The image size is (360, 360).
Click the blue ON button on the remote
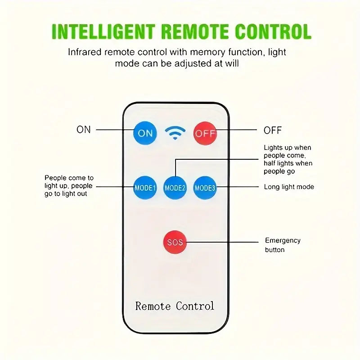pos(145,133)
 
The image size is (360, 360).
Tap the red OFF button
pos(205,133)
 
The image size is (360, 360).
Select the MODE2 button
pos(175,188)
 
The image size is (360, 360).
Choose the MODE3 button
pos(205,188)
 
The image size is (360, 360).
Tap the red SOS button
pos(175,242)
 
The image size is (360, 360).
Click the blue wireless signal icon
pos(175,133)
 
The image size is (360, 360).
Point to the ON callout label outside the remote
pos(84,130)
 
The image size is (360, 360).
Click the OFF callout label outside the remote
pos(273,130)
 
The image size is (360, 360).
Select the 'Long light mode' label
pos(289,187)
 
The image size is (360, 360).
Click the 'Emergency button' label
pos(283,245)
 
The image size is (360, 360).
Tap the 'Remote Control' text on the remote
pos(175,306)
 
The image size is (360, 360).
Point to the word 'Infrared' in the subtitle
pos(85,52)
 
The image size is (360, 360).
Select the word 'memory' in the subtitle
pos(207,53)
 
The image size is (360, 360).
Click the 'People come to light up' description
pos(69,186)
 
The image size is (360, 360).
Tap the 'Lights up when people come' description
pos(288,159)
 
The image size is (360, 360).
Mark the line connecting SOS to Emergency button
pos(222,242)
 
